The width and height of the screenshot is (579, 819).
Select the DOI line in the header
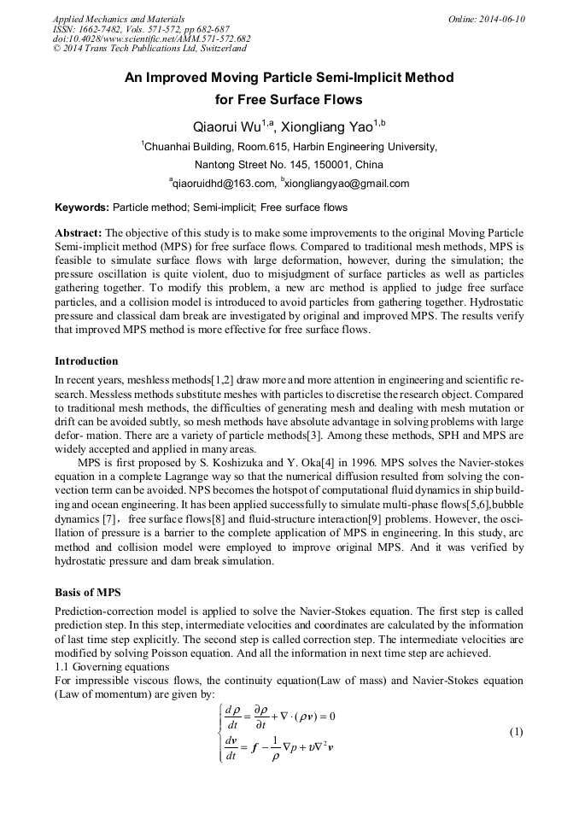coord(152,38)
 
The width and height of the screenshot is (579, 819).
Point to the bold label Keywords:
coord(82,208)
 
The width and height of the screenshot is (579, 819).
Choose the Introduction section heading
coord(86,361)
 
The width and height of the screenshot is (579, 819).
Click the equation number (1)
coord(516,732)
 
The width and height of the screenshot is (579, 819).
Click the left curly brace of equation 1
coord(221,732)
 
